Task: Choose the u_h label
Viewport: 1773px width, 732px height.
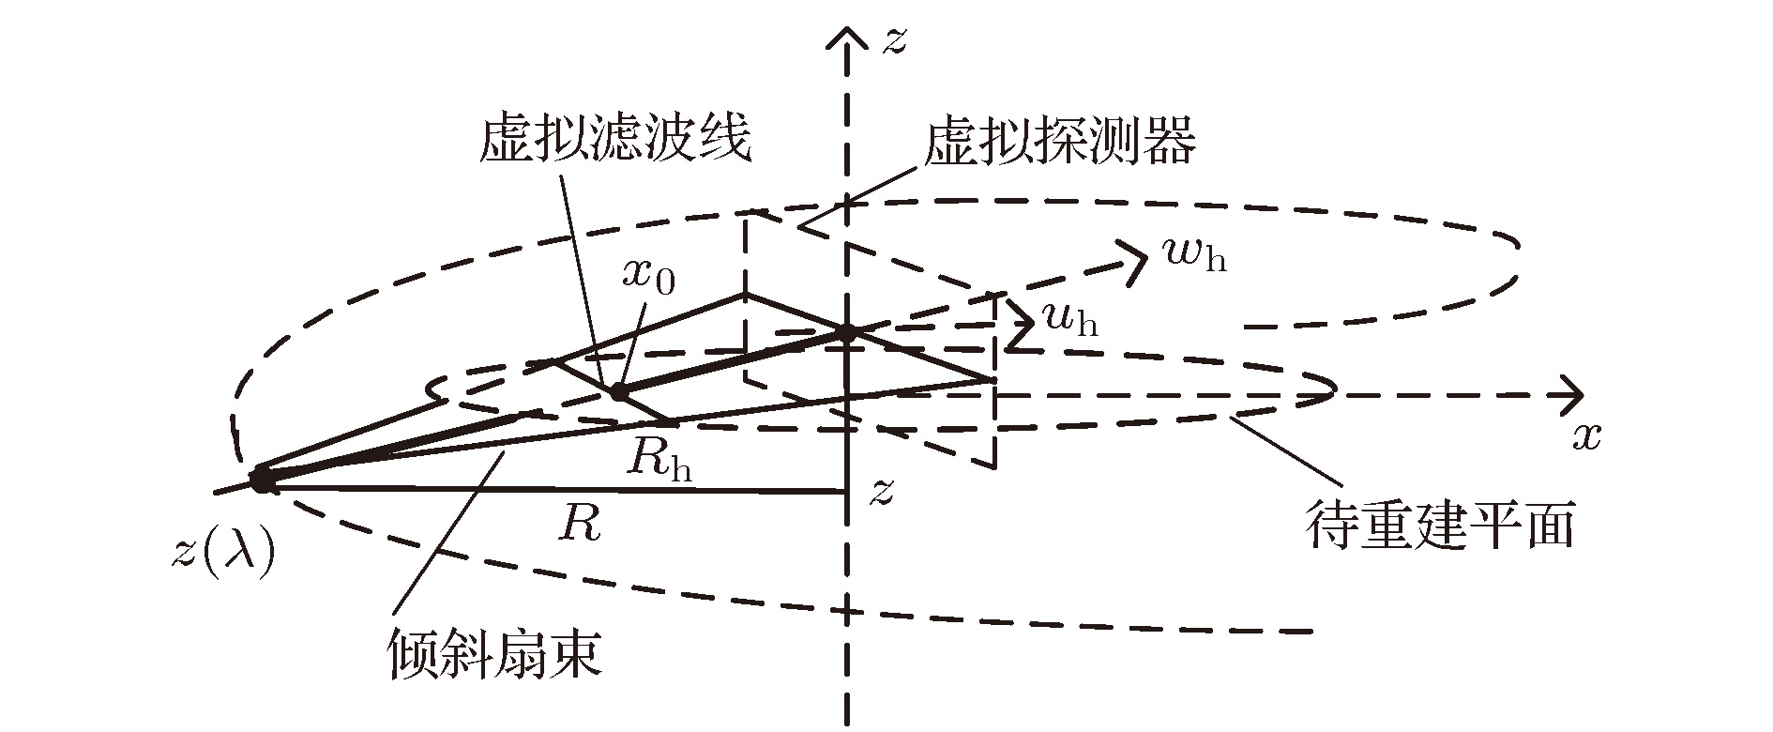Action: [1069, 321]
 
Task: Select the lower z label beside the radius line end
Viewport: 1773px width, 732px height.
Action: [880, 491]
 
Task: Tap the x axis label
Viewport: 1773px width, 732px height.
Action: [1585, 437]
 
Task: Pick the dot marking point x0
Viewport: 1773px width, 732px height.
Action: [618, 391]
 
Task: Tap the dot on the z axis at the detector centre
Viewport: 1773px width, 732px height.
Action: [847, 332]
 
